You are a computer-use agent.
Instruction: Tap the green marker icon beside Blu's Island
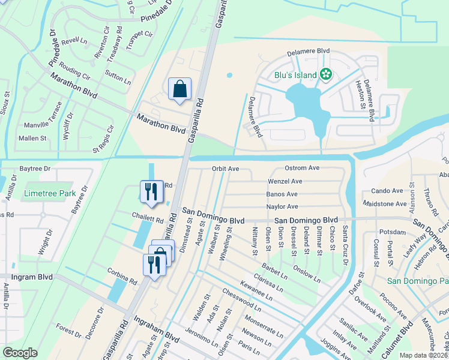pos(325,75)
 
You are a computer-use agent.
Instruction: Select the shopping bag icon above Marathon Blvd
pos(179,89)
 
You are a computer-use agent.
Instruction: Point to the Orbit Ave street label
pos(225,169)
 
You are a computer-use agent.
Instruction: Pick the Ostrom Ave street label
pos(301,168)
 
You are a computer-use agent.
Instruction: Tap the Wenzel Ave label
pos(285,181)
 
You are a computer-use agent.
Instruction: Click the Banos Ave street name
pos(282,194)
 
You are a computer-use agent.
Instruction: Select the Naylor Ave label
pos(282,207)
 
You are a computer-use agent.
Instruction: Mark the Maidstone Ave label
pos(385,204)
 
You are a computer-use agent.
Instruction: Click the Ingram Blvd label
pos(32,277)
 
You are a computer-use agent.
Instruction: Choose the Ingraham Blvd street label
pos(156,331)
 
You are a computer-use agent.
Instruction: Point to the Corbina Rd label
pos(123,280)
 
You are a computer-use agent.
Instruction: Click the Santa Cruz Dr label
pos(345,245)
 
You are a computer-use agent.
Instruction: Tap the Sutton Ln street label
pos(117,76)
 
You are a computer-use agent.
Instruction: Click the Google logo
pos(20,353)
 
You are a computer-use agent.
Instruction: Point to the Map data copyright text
pos(423,355)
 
